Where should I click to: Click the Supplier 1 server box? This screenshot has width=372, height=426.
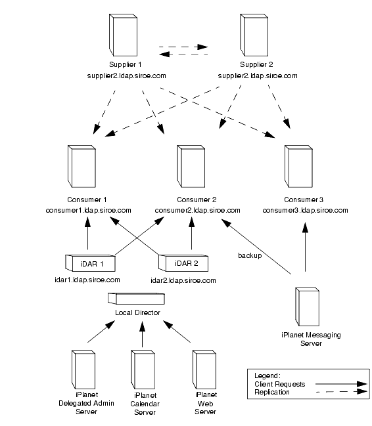(124, 35)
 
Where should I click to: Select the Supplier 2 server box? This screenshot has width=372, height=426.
(254, 35)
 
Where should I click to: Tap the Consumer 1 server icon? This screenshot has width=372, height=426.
(81, 166)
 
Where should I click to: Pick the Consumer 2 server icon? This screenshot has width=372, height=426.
(191, 166)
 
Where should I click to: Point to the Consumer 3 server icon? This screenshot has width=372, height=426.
(298, 166)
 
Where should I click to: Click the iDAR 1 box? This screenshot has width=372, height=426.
(90, 263)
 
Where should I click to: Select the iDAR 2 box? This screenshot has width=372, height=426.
(183, 263)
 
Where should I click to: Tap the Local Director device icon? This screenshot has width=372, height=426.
(136, 298)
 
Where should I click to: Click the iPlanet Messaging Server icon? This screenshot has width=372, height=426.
(307, 307)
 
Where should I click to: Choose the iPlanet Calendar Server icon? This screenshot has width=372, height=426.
(143, 370)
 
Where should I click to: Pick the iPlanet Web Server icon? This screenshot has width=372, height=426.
(204, 370)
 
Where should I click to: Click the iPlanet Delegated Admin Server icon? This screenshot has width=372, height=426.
(83, 370)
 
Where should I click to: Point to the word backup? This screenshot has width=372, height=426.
(250, 255)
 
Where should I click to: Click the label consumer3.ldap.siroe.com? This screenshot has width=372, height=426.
(305, 210)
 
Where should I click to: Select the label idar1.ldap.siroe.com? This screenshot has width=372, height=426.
(87, 280)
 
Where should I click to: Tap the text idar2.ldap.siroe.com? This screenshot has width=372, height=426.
(183, 280)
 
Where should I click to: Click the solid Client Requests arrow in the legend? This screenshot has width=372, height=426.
(341, 384)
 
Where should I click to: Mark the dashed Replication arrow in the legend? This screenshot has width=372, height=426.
(341, 391)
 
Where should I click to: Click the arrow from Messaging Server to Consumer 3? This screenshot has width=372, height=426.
(306, 247)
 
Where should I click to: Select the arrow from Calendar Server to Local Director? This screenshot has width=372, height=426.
(143, 335)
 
